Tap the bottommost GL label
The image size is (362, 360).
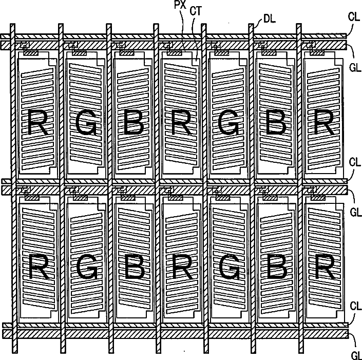coord(355,355)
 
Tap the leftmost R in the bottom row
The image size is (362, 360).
coord(40,268)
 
